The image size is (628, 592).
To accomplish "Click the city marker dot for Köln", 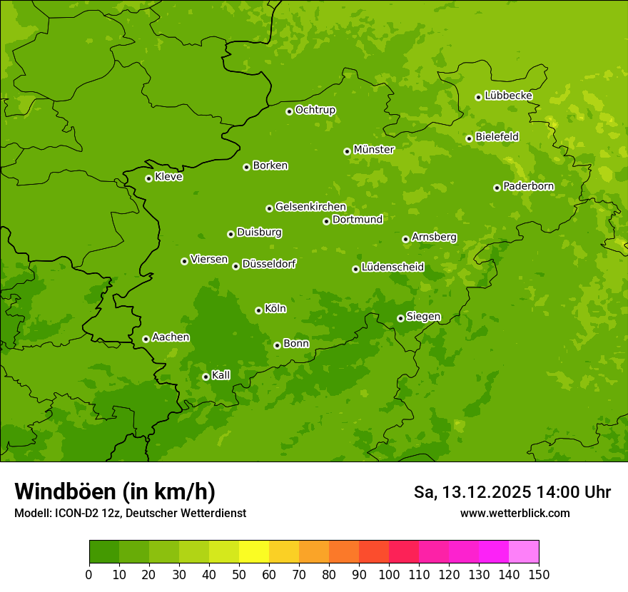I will pos(258,310).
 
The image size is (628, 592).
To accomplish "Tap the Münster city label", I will pos(373,150).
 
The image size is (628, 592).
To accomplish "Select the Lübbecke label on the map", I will pos(508,96).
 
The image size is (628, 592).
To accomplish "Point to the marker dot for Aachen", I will pos(146,339).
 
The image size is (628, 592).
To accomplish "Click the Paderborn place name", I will pos(528,186).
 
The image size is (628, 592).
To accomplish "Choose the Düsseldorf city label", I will pos(268,264).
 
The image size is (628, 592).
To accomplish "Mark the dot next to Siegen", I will pos(400,318).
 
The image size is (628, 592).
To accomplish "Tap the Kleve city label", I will pos(168,177).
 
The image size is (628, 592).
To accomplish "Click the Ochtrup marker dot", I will pos(289,111).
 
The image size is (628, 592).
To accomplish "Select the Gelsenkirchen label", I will pos(310,207).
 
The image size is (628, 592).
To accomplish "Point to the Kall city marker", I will pos(206,377).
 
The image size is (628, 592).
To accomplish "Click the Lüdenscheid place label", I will pos(392,267).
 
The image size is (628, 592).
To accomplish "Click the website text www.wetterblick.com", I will pos(515,513).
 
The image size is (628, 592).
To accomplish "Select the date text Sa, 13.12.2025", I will pos(472,492).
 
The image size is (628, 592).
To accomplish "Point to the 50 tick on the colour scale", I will pos(239,575).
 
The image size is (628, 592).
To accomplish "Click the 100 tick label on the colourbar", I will pos(389,575).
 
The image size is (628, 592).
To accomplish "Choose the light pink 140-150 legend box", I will pos(524,552).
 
